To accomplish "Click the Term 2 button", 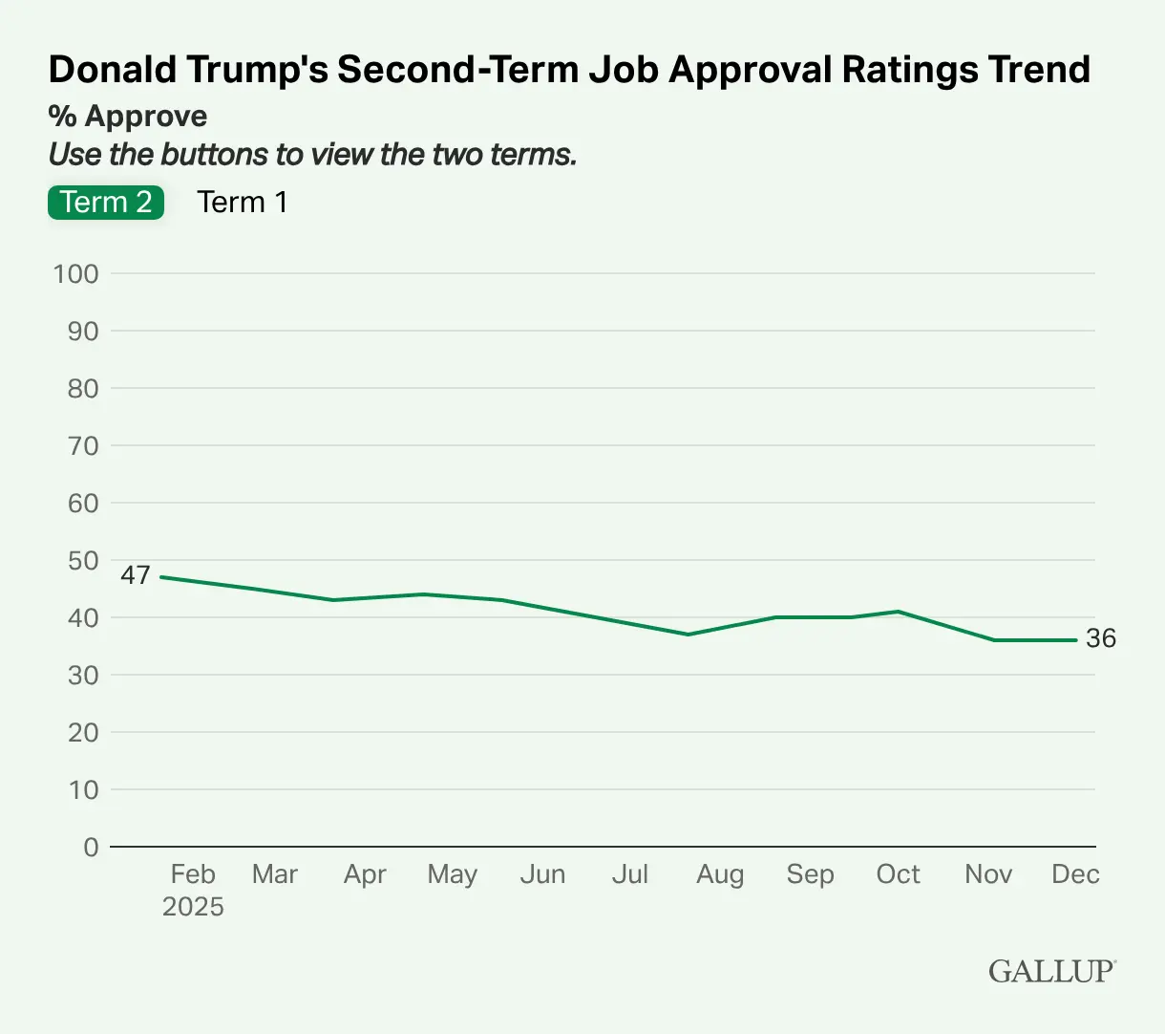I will tap(106, 203).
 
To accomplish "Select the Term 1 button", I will tap(242, 203).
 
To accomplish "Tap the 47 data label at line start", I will tap(136, 575).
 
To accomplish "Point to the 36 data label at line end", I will tap(1101, 638).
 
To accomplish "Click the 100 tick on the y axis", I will tap(76, 274).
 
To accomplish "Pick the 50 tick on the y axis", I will tap(83, 561).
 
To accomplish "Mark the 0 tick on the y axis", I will tap(91, 848).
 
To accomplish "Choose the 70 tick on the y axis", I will tap(83, 446).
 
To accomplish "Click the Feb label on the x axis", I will tap(193, 874).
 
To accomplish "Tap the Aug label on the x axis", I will tap(720, 874).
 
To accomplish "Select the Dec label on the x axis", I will tap(1075, 874).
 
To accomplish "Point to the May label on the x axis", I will tap(452, 874).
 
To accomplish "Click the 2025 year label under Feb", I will tap(193, 907).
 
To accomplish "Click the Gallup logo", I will tap(1051, 971).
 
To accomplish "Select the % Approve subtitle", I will tap(128, 117).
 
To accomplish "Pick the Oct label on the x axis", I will tap(898, 874).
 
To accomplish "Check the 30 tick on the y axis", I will tap(83, 676).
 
